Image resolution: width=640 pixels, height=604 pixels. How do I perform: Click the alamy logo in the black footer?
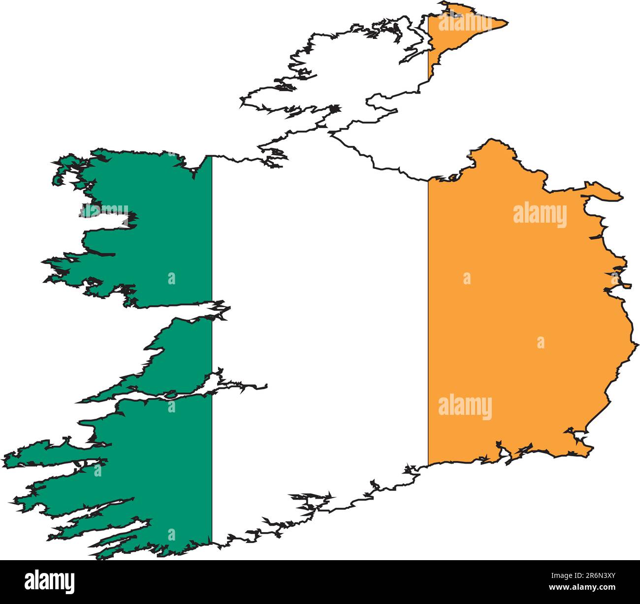click(49, 581)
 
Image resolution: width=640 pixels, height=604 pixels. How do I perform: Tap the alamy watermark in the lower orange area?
click(465, 407)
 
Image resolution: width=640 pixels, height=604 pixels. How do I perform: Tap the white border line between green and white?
click(212, 246)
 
